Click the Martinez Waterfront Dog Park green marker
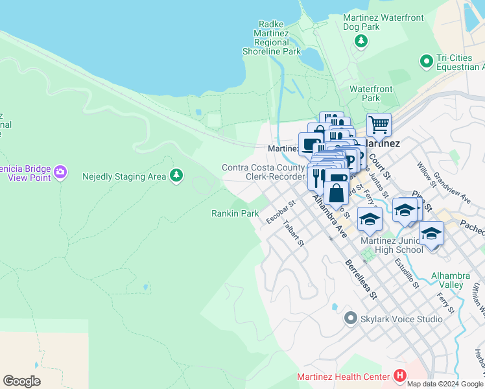pyautogui.click(x=361, y=41)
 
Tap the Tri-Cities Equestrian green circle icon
pyautogui.click(x=426, y=62)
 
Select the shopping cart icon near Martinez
pyautogui.click(x=379, y=123)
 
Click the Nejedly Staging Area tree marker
pyautogui.click(x=176, y=175)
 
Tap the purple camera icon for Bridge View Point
pyautogui.click(x=60, y=172)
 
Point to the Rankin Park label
pyautogui.click(x=235, y=213)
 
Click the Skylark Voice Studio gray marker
pyautogui.click(x=351, y=318)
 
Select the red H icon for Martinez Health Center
pyautogui.click(x=399, y=376)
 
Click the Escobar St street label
pyautogui.click(x=281, y=212)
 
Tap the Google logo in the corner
pyautogui.click(x=21, y=381)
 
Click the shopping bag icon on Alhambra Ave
pyautogui.click(x=336, y=193)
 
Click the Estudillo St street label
pyautogui.click(x=407, y=274)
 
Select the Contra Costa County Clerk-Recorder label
pyautogui.click(x=263, y=172)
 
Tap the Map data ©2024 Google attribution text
pyautogui.click(x=444, y=384)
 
